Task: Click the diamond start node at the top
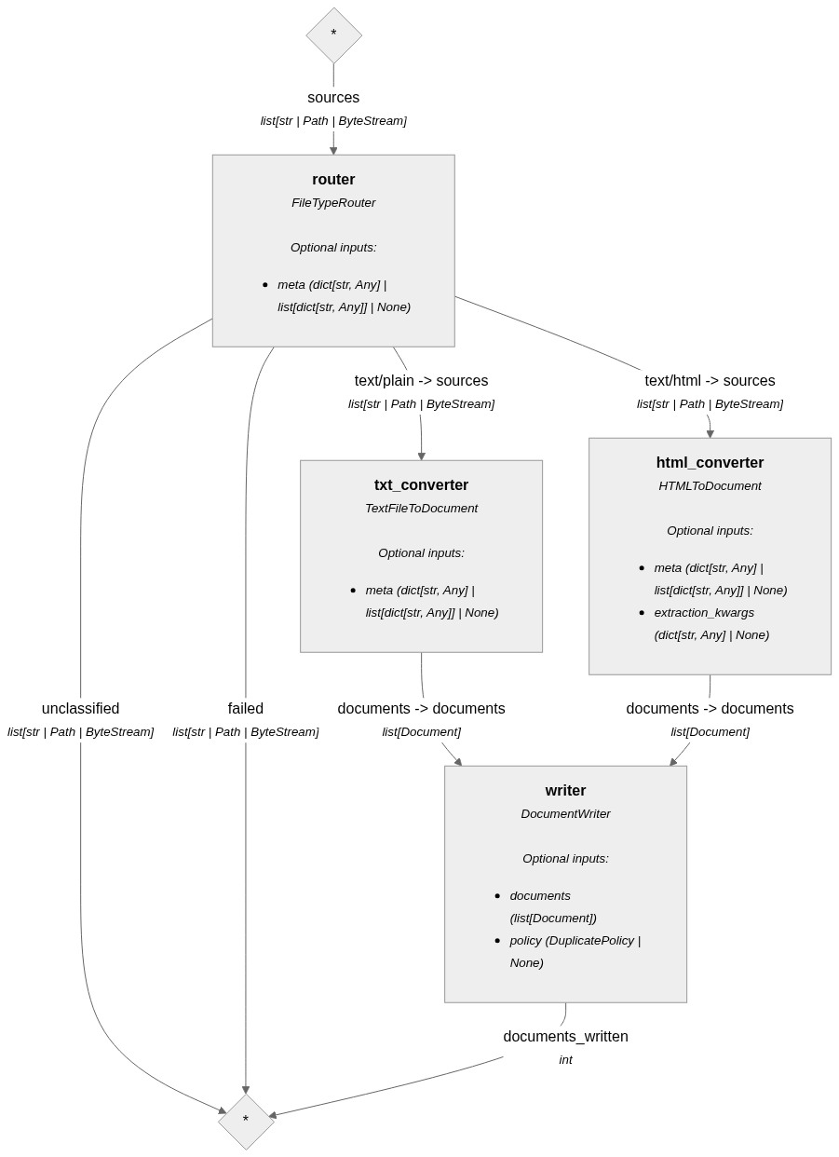(x=333, y=35)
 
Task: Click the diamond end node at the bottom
(x=246, y=1121)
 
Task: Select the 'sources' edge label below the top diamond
(x=333, y=98)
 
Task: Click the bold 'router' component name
(x=333, y=180)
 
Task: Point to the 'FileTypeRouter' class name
(x=333, y=203)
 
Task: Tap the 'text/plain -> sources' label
(x=421, y=381)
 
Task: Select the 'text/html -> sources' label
(x=710, y=381)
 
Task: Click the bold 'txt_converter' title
(x=421, y=485)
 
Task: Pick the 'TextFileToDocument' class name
(x=421, y=509)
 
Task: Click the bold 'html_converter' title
(x=710, y=463)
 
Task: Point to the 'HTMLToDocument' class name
(x=710, y=486)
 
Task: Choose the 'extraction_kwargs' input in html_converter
(x=704, y=613)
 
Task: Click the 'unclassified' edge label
(x=80, y=709)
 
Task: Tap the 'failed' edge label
(x=246, y=709)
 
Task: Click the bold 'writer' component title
(x=565, y=791)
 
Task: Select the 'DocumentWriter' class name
(x=565, y=814)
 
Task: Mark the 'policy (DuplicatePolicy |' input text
(x=575, y=941)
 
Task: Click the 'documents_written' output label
(x=565, y=1037)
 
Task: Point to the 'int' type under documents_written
(x=565, y=1060)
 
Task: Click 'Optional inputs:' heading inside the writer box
(x=565, y=859)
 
